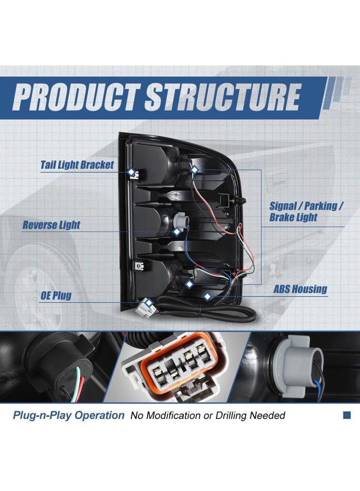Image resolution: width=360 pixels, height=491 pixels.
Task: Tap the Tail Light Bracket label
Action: [x=77, y=165]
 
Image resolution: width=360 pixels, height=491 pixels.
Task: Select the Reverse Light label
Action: [x=51, y=225]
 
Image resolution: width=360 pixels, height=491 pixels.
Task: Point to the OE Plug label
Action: [x=56, y=295]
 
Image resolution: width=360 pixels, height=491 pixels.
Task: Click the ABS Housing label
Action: [x=300, y=289]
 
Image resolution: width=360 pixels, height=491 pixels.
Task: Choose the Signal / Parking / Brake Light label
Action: [x=307, y=211]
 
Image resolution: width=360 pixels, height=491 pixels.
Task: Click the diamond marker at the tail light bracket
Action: [x=131, y=172]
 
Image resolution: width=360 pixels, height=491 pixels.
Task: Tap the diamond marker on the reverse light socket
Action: [x=177, y=232]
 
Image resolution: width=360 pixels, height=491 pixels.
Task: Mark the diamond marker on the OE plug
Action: [x=149, y=302]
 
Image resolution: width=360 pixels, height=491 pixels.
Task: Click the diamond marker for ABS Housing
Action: [x=207, y=296]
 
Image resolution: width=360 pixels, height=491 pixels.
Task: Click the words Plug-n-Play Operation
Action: [x=69, y=416]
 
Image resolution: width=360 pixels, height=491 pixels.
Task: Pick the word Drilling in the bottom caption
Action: [x=231, y=416]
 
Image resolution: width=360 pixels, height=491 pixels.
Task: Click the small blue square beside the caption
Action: [x=346, y=415]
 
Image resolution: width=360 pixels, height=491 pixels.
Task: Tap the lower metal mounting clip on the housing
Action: [x=139, y=266]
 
